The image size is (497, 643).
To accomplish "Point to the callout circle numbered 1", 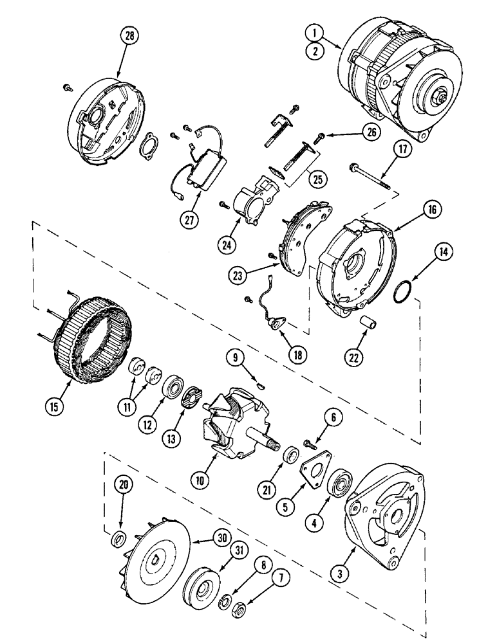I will coord(314,31).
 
